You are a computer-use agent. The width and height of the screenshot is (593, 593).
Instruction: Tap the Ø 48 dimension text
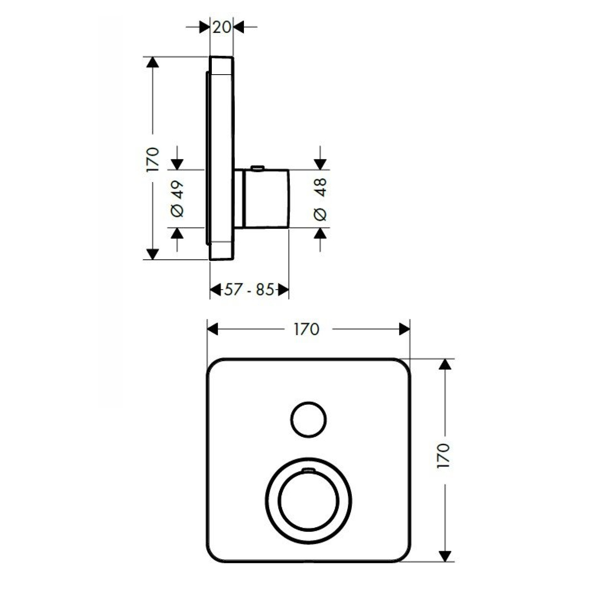pyautogui.click(x=320, y=199)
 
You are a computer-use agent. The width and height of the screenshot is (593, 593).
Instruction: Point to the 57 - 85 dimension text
pyautogui.click(x=249, y=289)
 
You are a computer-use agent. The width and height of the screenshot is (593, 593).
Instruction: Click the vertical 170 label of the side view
pyautogui.click(x=153, y=160)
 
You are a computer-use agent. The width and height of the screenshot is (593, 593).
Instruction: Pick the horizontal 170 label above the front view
pyautogui.click(x=307, y=329)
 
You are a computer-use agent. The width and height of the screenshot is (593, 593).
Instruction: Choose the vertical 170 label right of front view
pyautogui.click(x=444, y=456)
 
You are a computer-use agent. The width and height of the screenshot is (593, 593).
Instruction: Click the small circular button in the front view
pyautogui.click(x=308, y=420)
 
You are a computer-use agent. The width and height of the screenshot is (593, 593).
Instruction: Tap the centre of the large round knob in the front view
pyautogui.click(x=308, y=501)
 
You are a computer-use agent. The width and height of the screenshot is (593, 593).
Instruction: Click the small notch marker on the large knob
pyautogui.click(x=308, y=470)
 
